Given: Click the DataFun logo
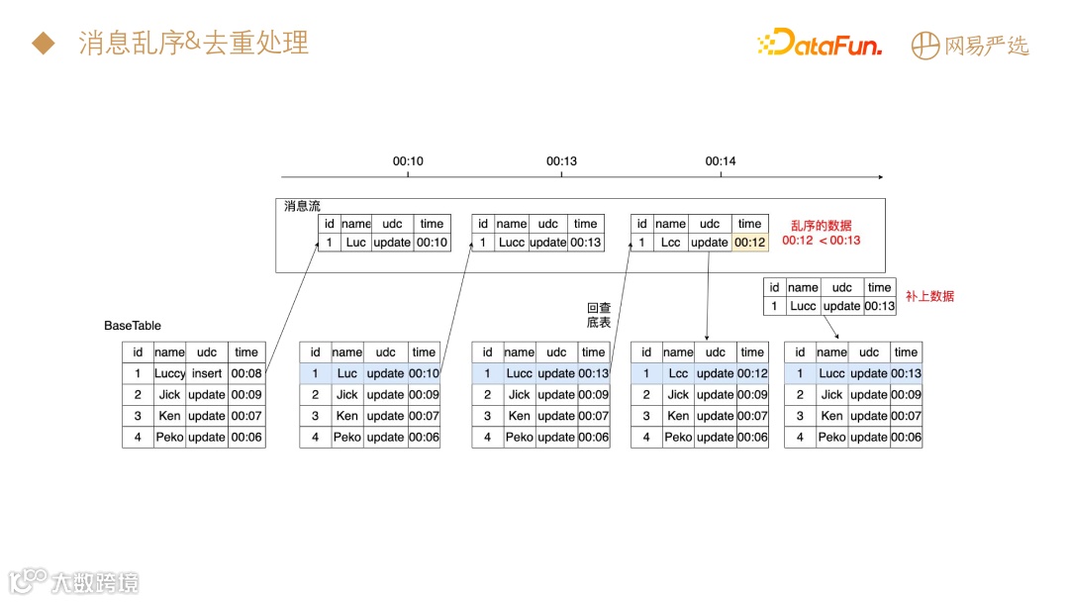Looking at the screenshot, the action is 819,43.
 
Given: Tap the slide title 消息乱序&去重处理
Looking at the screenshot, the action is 193,43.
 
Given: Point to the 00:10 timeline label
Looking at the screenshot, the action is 408,160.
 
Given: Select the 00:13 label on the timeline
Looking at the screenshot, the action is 561,160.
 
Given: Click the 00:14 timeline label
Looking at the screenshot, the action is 721,160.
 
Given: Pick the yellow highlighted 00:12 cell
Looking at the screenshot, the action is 750,243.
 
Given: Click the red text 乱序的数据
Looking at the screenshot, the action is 821,226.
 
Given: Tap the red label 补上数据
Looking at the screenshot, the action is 929,296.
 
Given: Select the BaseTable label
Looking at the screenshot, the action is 133,326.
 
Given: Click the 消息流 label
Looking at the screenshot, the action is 302,206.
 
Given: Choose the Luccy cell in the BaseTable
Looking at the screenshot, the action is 169,373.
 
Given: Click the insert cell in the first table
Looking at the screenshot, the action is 207,373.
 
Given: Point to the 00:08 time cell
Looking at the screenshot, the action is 246,373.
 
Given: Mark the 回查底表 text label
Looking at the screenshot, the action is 599,315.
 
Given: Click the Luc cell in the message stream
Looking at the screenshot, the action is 356,243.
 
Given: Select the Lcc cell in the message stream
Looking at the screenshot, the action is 670,243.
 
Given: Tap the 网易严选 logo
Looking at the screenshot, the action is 970,45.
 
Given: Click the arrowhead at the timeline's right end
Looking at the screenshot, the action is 878,176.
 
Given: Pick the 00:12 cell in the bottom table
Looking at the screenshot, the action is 752,373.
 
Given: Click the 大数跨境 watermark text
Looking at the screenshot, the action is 95,581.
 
